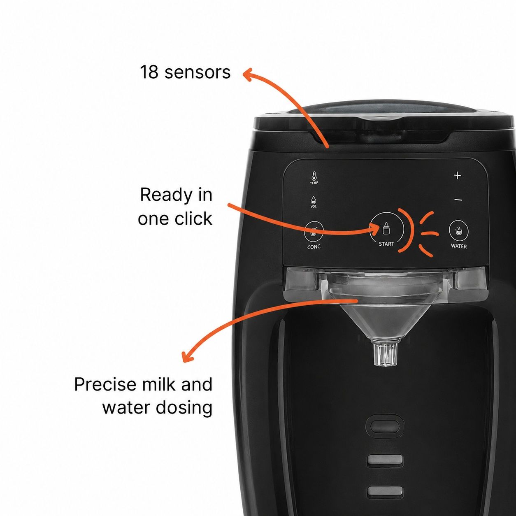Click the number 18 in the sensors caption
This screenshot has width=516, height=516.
[x=149, y=72]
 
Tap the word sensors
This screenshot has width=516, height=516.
[x=198, y=72]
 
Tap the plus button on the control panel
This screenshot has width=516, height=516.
[x=457, y=176]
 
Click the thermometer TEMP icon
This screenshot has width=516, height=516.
[x=314, y=178]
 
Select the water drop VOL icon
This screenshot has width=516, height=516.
[x=314, y=202]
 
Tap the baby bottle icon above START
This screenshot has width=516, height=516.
[x=386, y=228]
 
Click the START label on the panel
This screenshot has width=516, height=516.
[x=386, y=244]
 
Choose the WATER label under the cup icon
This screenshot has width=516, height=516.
[x=459, y=246]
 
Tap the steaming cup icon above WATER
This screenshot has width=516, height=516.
[x=459, y=230]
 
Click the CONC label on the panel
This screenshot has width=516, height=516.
[x=314, y=247]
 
